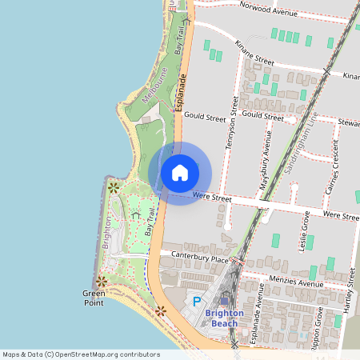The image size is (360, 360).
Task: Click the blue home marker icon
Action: [180, 173]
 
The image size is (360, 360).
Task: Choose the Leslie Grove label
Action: [305, 231]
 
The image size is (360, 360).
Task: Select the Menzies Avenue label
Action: [295, 283]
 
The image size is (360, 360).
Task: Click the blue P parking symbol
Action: [198, 302]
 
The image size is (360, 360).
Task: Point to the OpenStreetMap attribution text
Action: [81, 354]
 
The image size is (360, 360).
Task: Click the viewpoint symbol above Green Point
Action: [101, 281]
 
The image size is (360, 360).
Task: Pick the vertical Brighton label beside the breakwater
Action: [106, 232]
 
